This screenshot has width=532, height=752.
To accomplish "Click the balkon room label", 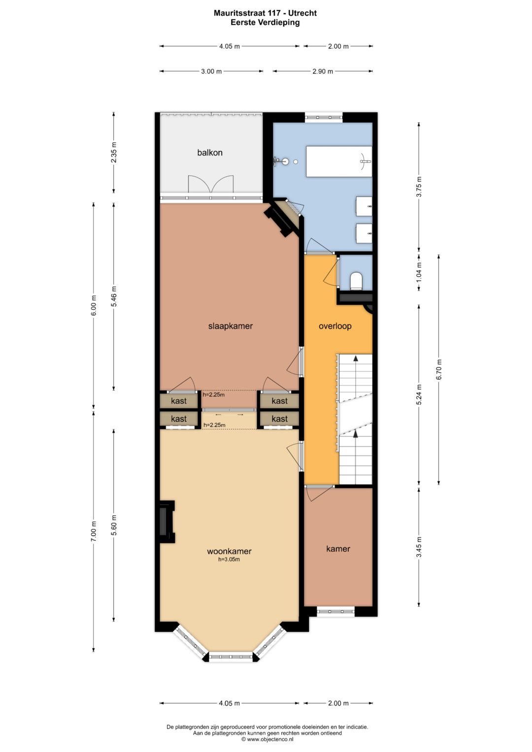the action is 209,153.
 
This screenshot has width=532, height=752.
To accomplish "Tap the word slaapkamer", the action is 231,326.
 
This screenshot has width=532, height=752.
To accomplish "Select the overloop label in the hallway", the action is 335,326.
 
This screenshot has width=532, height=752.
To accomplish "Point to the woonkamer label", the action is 229,551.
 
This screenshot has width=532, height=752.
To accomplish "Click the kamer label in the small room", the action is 338,549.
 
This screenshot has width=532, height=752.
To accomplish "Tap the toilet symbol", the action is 356,281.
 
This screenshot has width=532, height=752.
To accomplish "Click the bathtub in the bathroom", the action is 339,162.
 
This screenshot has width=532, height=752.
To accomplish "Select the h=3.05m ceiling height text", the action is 229,559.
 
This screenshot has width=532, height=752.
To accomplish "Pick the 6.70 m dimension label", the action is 439,369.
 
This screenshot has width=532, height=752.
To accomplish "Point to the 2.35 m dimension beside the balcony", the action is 114,152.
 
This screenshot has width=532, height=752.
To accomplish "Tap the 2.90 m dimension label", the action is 323,71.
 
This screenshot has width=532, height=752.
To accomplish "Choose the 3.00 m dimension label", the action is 211,71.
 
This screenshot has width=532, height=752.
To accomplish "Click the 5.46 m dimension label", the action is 114,296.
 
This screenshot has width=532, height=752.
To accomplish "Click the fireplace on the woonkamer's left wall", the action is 167,522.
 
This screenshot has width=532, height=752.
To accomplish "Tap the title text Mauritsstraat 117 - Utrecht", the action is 266,13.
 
